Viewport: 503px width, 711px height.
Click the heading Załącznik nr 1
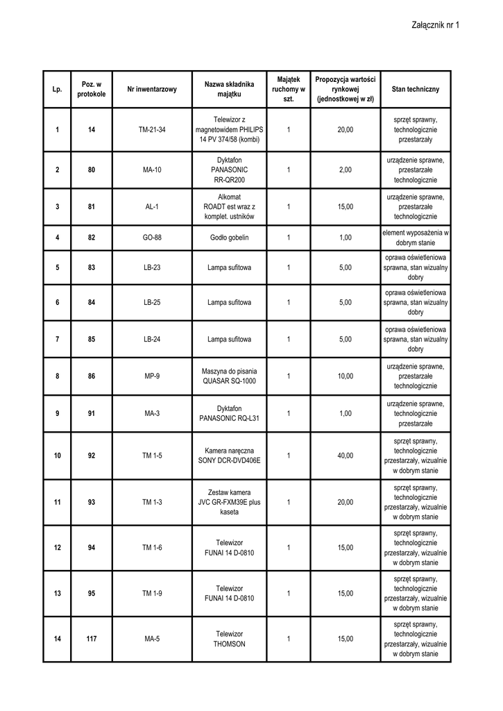click(436, 25)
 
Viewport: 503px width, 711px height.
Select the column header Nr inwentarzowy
click(152, 90)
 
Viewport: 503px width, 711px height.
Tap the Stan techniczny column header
click(415, 90)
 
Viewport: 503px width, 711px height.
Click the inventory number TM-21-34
click(152, 130)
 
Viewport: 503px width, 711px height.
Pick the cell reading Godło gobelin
click(229, 237)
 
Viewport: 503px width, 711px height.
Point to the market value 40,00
click(345, 456)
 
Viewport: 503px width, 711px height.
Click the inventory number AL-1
click(152, 207)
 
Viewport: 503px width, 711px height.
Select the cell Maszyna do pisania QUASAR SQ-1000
click(229, 376)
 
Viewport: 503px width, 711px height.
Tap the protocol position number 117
click(92, 639)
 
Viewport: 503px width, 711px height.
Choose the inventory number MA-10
click(152, 170)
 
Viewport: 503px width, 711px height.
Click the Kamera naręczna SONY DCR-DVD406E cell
click(229, 456)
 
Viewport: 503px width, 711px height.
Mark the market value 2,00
click(345, 170)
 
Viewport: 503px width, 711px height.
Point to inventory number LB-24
click(152, 340)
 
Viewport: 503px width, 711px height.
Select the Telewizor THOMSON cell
click(229, 639)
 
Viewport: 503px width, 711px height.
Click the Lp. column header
click(57, 90)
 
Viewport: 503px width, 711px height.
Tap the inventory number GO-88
click(152, 237)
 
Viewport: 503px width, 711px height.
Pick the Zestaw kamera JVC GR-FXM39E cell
click(229, 502)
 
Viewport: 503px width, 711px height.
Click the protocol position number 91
click(92, 414)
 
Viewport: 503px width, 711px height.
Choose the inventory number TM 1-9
click(152, 593)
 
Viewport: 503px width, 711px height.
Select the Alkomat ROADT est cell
click(229, 207)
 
